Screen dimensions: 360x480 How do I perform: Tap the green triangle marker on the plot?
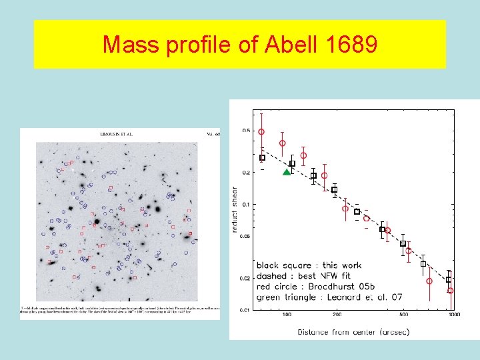click(x=287, y=172)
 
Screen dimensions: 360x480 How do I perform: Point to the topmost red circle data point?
click(x=261, y=132)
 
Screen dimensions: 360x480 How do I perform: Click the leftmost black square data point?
click(x=262, y=158)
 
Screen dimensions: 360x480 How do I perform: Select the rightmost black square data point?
click(x=449, y=280)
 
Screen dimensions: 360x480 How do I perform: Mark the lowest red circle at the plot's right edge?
click(x=450, y=291)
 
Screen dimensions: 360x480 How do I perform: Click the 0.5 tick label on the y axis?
click(x=247, y=131)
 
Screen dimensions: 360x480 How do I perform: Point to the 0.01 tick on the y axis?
click(x=246, y=309)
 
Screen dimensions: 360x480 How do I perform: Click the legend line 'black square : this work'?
click(x=309, y=265)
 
